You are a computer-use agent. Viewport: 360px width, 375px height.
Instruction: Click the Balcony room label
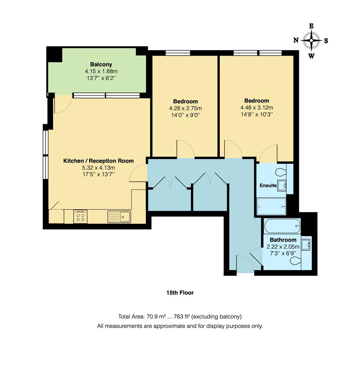[101, 64]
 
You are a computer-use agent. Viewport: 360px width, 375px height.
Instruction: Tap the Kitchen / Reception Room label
[98, 161]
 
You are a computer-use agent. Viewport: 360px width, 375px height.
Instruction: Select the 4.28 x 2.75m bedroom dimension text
[185, 108]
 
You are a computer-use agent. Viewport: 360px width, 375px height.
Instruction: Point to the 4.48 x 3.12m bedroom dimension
[257, 107]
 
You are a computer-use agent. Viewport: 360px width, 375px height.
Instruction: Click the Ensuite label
[268, 185]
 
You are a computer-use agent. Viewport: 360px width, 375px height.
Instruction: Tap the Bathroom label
[283, 240]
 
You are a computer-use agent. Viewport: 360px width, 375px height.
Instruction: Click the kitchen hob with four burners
[80, 217]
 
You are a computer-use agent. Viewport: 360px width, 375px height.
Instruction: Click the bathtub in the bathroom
[282, 227]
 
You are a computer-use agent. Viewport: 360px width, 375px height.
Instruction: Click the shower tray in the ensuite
[271, 207]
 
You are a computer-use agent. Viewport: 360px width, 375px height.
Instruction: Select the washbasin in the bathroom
[305, 245]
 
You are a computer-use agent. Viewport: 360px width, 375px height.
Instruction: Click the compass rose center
[311, 41]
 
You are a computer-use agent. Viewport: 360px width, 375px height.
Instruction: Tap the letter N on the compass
[296, 40]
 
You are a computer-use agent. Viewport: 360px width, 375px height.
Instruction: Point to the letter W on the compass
[311, 56]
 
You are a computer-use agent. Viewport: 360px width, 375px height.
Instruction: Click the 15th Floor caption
[180, 293]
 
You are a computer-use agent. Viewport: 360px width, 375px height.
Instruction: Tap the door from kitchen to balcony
[63, 104]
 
